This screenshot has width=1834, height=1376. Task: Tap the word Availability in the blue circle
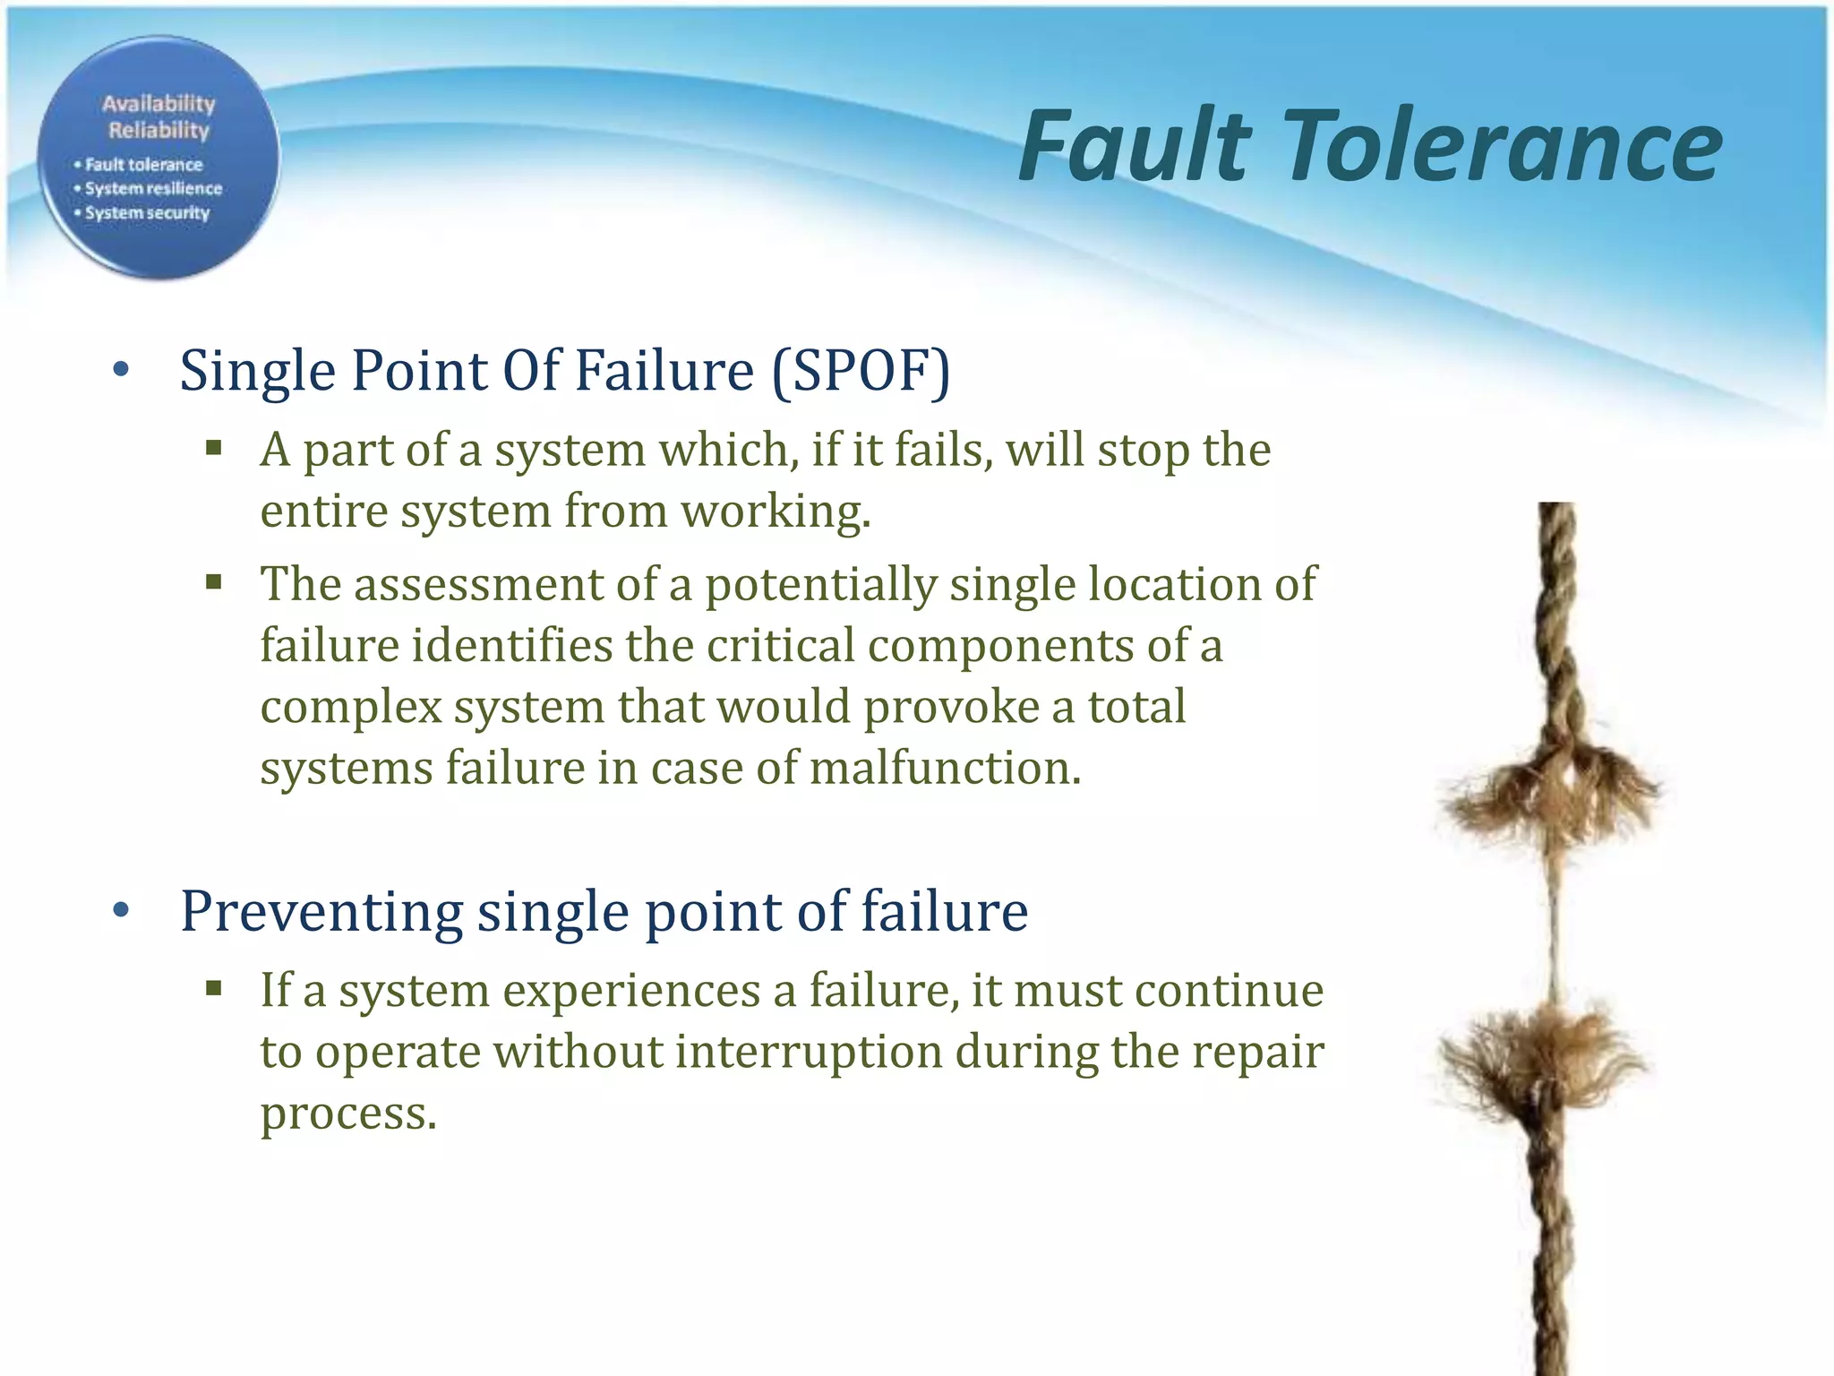point(159,104)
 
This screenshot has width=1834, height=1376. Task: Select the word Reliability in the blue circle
point(159,131)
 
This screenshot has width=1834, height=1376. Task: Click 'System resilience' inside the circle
point(153,189)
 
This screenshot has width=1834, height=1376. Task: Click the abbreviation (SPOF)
point(861,371)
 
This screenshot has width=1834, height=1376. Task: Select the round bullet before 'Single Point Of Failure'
point(123,371)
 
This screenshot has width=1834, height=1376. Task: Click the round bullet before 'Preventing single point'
point(123,911)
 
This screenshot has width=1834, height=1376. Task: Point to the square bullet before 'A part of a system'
point(213,448)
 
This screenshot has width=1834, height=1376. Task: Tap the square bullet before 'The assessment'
point(213,583)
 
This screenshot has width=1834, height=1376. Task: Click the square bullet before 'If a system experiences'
point(213,989)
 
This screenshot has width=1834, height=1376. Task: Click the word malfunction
point(945,769)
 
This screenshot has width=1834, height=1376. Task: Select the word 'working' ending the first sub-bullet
point(775,512)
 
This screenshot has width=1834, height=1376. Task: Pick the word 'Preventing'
point(321,911)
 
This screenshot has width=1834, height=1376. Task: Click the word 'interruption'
point(809,1052)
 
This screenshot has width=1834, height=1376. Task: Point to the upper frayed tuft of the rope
point(1549,788)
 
